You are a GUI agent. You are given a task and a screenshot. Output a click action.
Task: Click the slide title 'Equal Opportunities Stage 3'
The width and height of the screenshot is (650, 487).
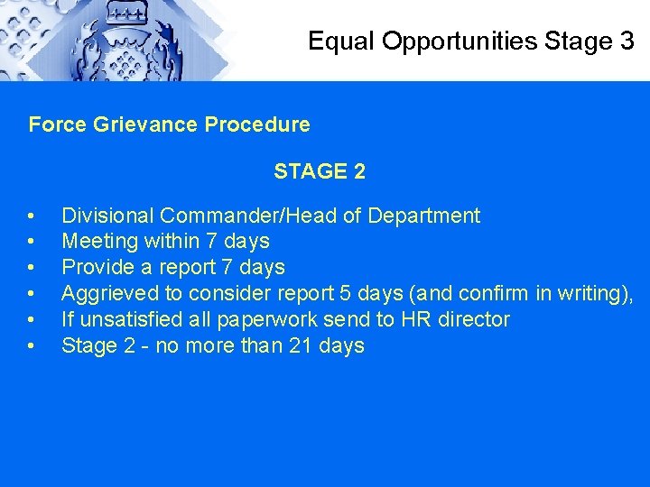[x=470, y=41]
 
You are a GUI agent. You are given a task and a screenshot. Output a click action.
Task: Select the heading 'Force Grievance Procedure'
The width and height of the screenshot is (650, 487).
[x=169, y=124]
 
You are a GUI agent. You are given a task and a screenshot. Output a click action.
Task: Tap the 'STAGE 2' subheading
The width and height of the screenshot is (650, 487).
[x=320, y=171]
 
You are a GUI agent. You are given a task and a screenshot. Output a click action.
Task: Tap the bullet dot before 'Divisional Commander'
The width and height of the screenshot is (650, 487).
[x=32, y=216]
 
